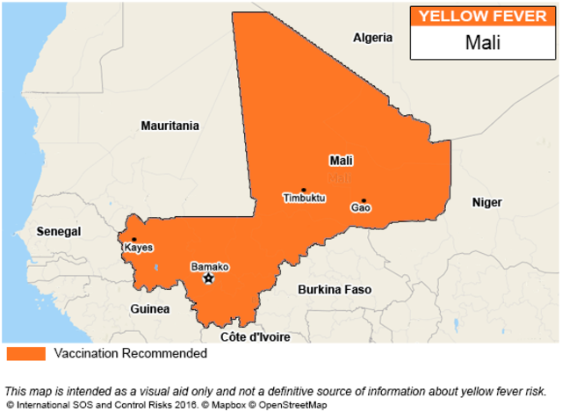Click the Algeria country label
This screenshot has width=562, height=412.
click(372, 38)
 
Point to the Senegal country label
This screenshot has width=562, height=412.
click(58, 231)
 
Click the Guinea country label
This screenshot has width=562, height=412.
click(150, 308)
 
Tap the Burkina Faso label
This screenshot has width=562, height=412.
click(334, 289)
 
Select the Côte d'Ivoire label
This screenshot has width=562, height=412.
click(255, 336)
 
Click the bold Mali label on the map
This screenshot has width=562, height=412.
click(341, 161)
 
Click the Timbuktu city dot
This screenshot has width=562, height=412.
click(303, 190)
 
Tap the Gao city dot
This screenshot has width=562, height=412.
click(363, 200)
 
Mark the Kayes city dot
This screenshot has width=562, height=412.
click(134, 239)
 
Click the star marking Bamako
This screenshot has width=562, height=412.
click(208, 278)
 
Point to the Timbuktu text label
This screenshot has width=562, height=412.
click(304, 199)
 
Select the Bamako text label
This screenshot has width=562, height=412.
click(210, 266)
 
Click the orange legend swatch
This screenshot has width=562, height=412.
click(25, 354)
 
